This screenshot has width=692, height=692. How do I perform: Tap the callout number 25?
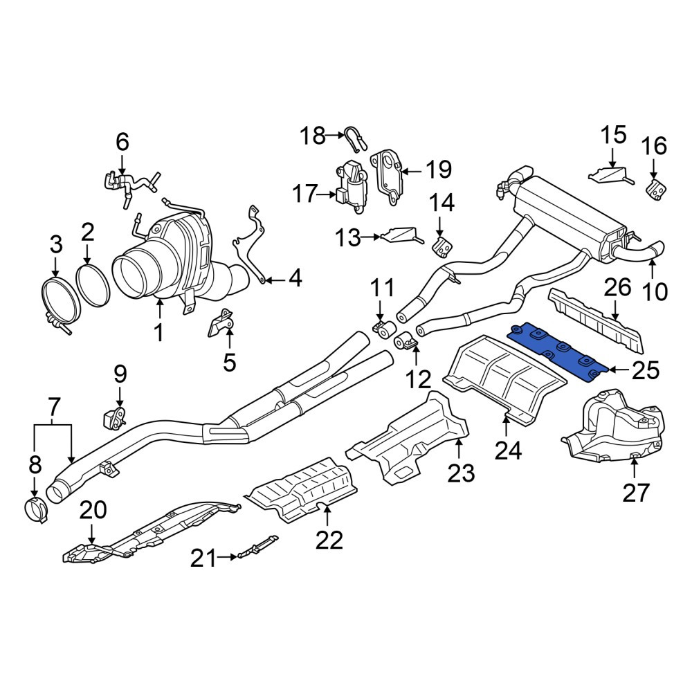click(x=645, y=370)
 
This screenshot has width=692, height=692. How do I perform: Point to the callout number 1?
click(x=159, y=332)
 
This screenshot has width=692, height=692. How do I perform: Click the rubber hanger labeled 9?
click(x=114, y=417)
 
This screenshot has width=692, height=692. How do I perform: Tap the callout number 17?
click(x=305, y=194)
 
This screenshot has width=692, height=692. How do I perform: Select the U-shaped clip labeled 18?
click(x=355, y=137)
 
